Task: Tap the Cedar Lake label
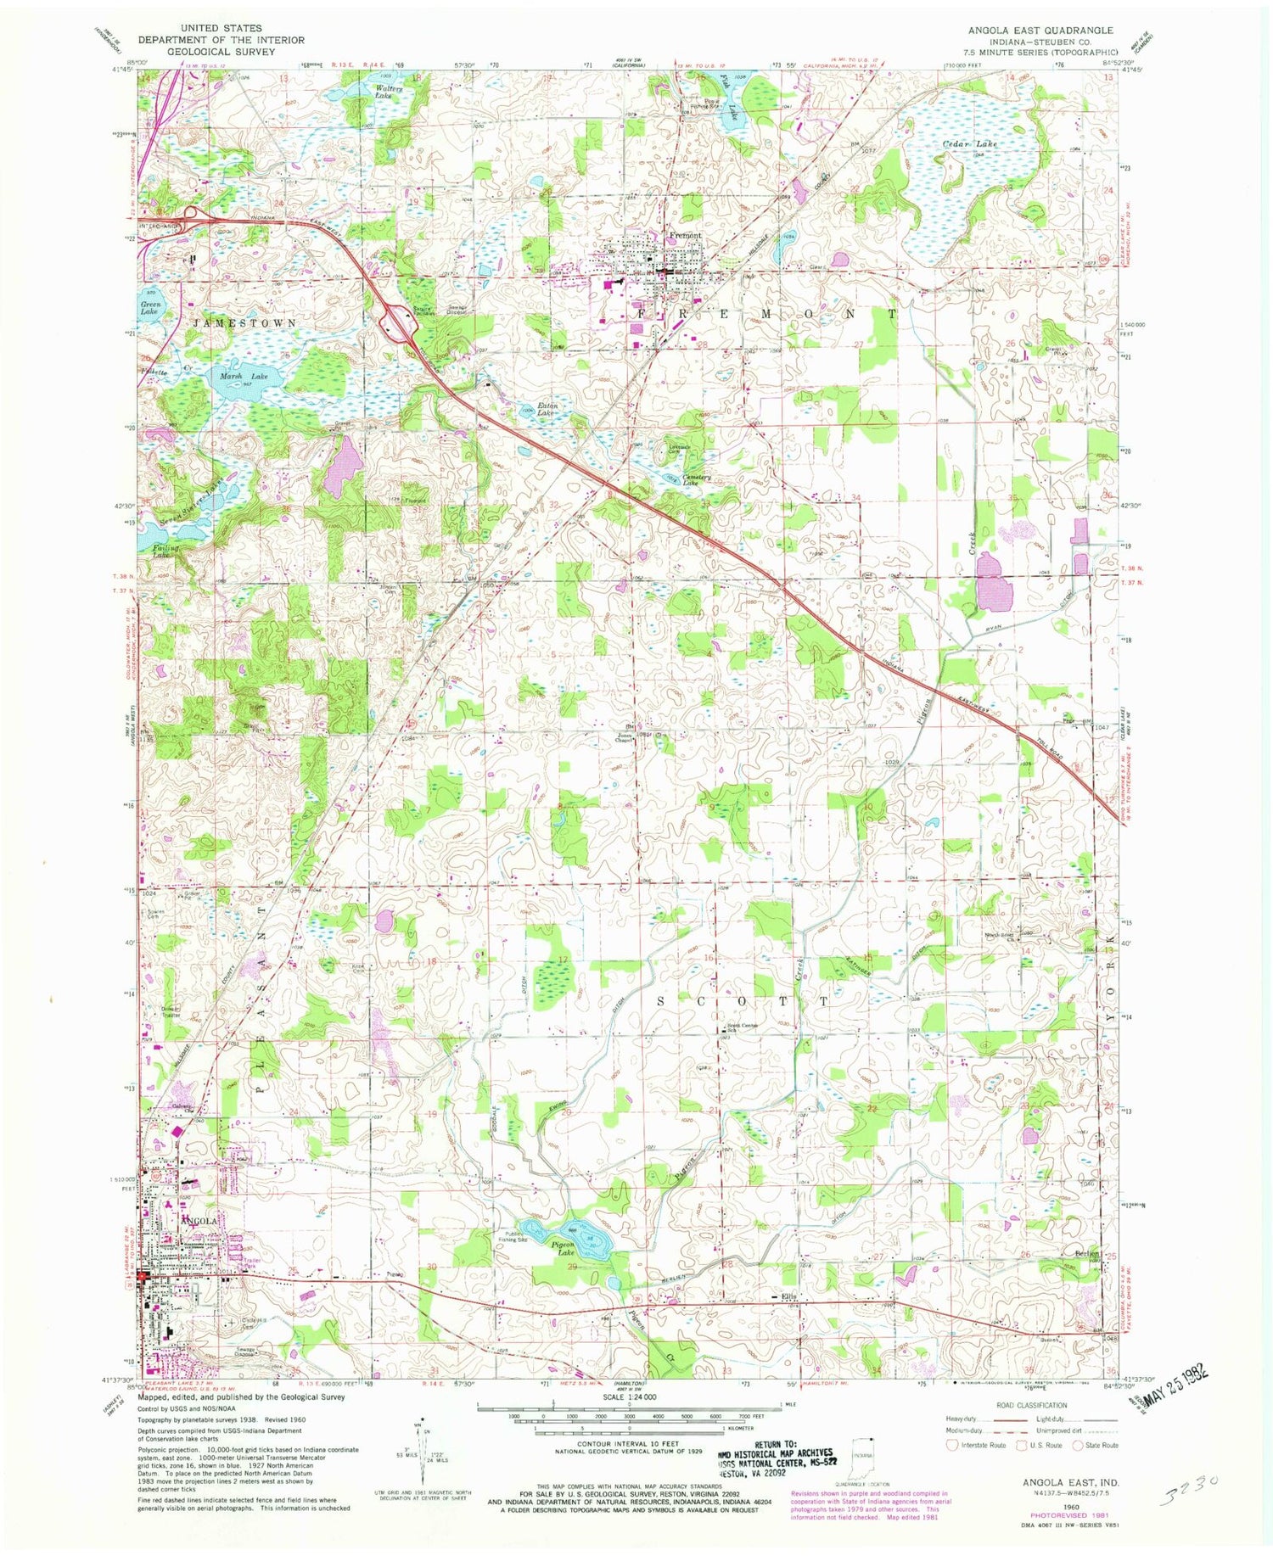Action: (x=970, y=144)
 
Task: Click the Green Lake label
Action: (x=149, y=307)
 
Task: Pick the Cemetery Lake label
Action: (x=697, y=480)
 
